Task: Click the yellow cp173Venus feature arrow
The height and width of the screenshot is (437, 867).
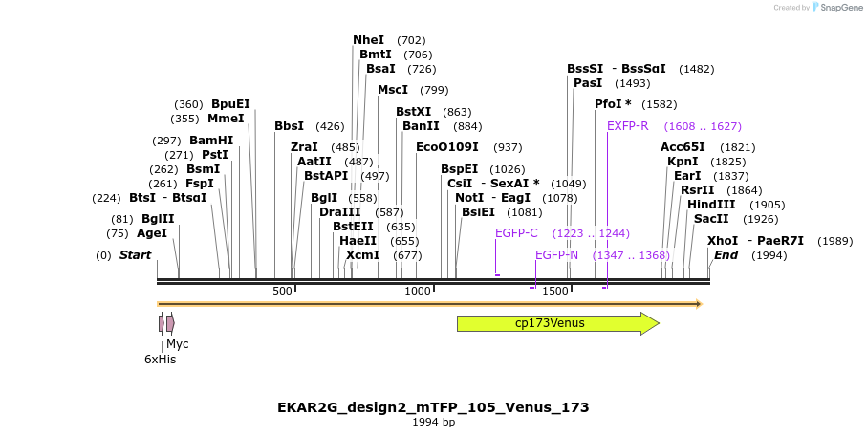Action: coord(558,323)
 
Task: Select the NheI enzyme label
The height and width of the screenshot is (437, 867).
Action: coord(368,40)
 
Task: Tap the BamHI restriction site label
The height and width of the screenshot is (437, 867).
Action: coord(211,141)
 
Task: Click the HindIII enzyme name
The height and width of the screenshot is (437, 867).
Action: coord(711,205)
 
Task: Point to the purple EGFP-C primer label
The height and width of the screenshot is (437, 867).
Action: coord(516,233)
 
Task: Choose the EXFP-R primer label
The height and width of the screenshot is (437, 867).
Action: coord(628,126)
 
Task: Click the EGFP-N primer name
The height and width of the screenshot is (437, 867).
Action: coord(556,255)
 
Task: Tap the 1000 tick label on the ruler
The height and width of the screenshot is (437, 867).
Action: coord(418,292)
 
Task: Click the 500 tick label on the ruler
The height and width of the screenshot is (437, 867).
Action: coord(282,292)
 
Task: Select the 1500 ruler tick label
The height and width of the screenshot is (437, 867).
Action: coord(555,292)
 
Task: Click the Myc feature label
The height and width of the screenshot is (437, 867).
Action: coord(178,344)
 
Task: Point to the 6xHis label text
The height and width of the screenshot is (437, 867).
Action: coord(161,360)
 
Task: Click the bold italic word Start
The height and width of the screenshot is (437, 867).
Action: coord(135,255)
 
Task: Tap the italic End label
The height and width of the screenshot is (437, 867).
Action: coord(726,255)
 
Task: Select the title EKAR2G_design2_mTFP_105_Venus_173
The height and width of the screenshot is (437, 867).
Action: coord(434,408)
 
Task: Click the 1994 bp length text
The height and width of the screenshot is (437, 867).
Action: coord(434,423)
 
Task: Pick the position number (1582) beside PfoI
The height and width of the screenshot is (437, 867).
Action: coord(660,104)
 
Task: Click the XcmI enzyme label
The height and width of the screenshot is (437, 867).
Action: coord(362,255)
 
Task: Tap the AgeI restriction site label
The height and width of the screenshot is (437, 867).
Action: coord(151,233)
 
